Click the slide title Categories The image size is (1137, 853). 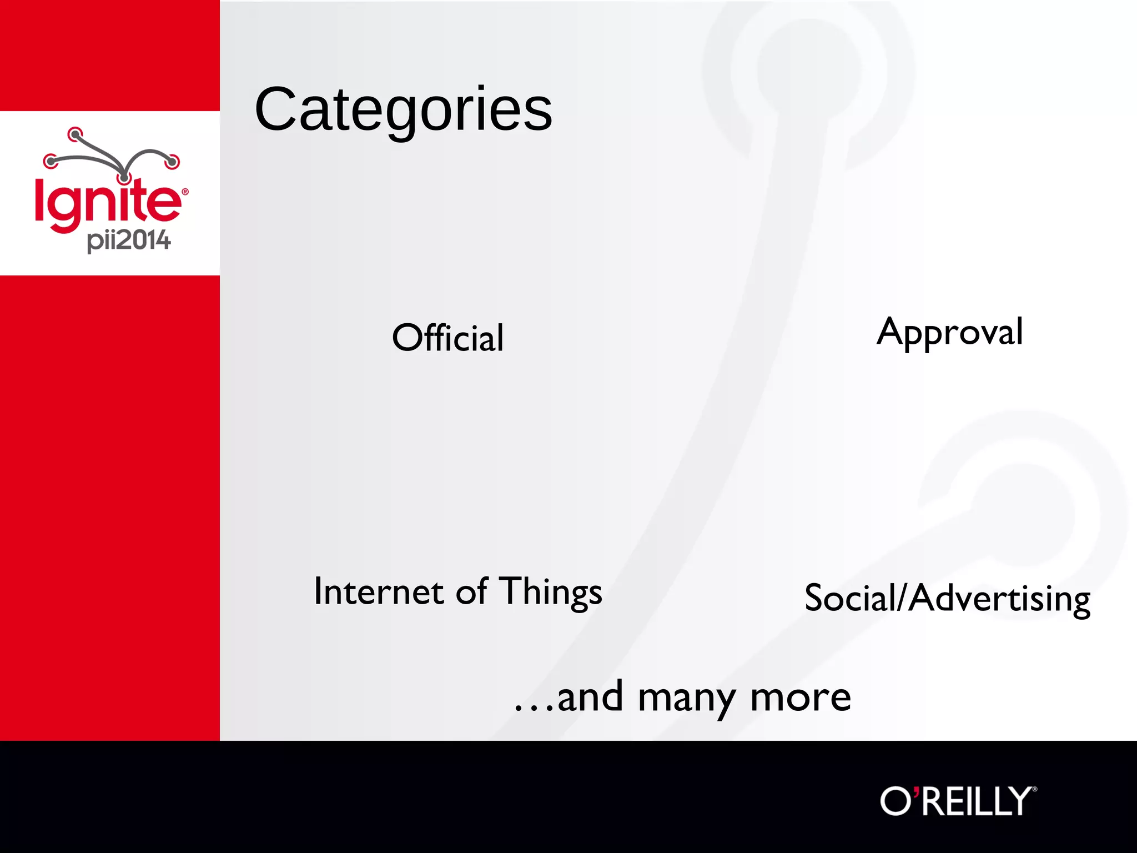[x=403, y=109]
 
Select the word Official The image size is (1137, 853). [x=448, y=338]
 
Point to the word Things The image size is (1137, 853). [x=550, y=592]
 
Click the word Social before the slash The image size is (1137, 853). [x=850, y=599]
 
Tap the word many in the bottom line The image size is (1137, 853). [x=686, y=699]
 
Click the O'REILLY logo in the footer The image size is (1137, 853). [x=957, y=801]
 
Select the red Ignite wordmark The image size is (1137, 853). [x=108, y=203]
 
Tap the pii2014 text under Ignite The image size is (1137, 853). [x=129, y=240]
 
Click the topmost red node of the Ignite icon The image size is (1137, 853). [x=75, y=134]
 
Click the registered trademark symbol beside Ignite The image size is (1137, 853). [x=185, y=192]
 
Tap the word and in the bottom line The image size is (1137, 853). [x=590, y=698]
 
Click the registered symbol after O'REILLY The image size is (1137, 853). [x=1034, y=789]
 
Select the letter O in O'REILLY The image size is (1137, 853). [x=895, y=801]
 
